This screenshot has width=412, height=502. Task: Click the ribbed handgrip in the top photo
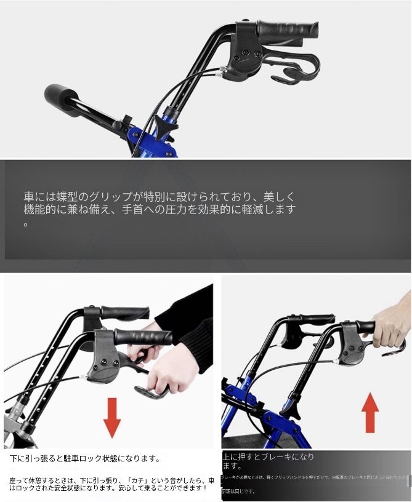tap(288, 28)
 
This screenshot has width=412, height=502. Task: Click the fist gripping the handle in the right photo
tap(390, 325)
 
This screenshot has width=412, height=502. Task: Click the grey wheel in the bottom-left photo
tap(14, 431)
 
